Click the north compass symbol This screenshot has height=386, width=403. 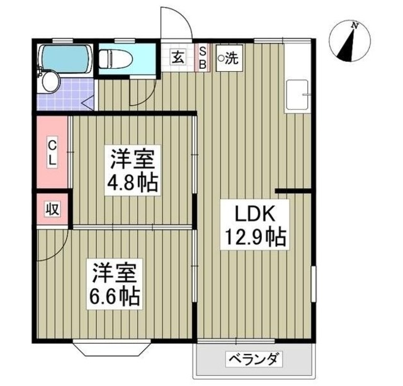348,42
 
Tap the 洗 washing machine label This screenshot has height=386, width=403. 229,59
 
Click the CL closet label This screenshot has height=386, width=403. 53,153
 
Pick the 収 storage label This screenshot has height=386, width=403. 51,209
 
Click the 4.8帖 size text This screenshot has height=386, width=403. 133,184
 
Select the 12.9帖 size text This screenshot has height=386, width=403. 254,238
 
